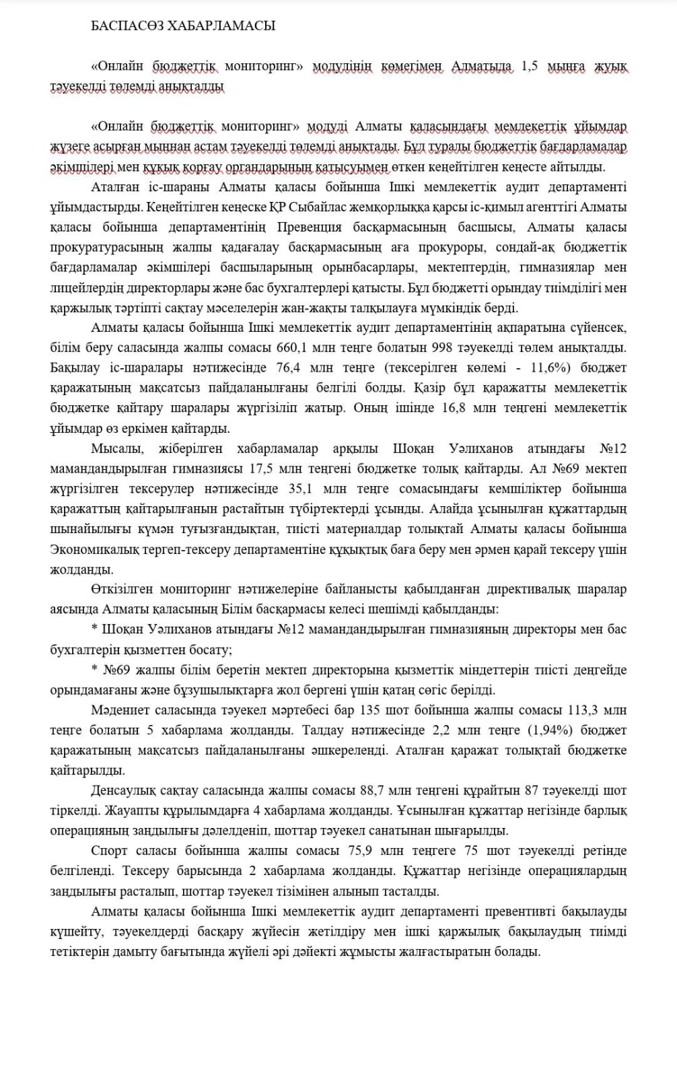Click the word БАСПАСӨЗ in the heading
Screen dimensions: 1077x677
[125, 26]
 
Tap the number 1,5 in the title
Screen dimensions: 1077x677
[529, 67]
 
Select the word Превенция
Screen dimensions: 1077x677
[309, 227]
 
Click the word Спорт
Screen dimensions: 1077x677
[108, 851]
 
